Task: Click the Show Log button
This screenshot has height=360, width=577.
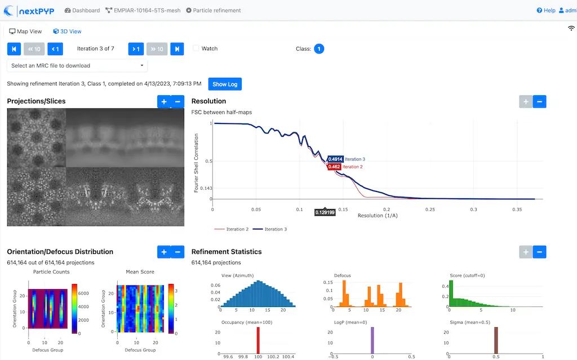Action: [225, 84]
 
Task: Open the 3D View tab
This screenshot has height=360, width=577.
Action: [67, 32]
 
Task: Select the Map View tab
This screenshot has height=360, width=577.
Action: [25, 32]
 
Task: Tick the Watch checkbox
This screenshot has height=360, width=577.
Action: [196, 48]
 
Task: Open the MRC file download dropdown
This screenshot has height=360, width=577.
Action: [77, 65]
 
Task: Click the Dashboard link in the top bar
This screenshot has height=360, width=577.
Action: [82, 10]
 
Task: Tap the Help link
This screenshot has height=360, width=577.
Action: [546, 10]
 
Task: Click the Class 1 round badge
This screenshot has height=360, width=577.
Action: [319, 49]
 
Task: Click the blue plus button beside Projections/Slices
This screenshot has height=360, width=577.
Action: [164, 101]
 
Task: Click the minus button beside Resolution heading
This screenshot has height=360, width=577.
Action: [539, 101]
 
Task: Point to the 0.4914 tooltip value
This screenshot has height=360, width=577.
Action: [335, 159]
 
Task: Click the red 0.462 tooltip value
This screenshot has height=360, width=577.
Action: [334, 167]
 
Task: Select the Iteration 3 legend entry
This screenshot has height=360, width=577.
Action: [270, 229]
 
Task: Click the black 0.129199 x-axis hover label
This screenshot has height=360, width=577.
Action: [325, 212]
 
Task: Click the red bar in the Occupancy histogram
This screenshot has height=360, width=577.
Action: [258, 341]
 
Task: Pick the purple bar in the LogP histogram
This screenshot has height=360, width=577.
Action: [372, 341]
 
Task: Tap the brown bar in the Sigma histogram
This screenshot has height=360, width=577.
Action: [496, 341]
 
